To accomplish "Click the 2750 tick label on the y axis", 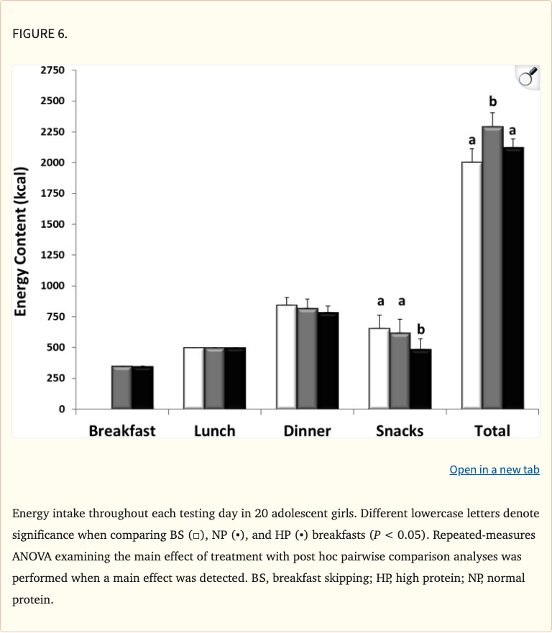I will [52, 70].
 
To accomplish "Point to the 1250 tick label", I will [52, 255].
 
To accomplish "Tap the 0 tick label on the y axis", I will [62, 409].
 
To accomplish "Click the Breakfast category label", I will [122, 431].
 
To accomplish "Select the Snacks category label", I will [400, 431].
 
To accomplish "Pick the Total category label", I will [492, 431].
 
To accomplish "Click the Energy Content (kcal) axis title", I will [21, 241].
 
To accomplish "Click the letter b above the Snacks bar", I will [420, 329].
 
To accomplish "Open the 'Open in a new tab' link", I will [494, 470].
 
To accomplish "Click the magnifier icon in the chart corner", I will [528, 77].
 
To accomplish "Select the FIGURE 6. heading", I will [40, 34].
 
